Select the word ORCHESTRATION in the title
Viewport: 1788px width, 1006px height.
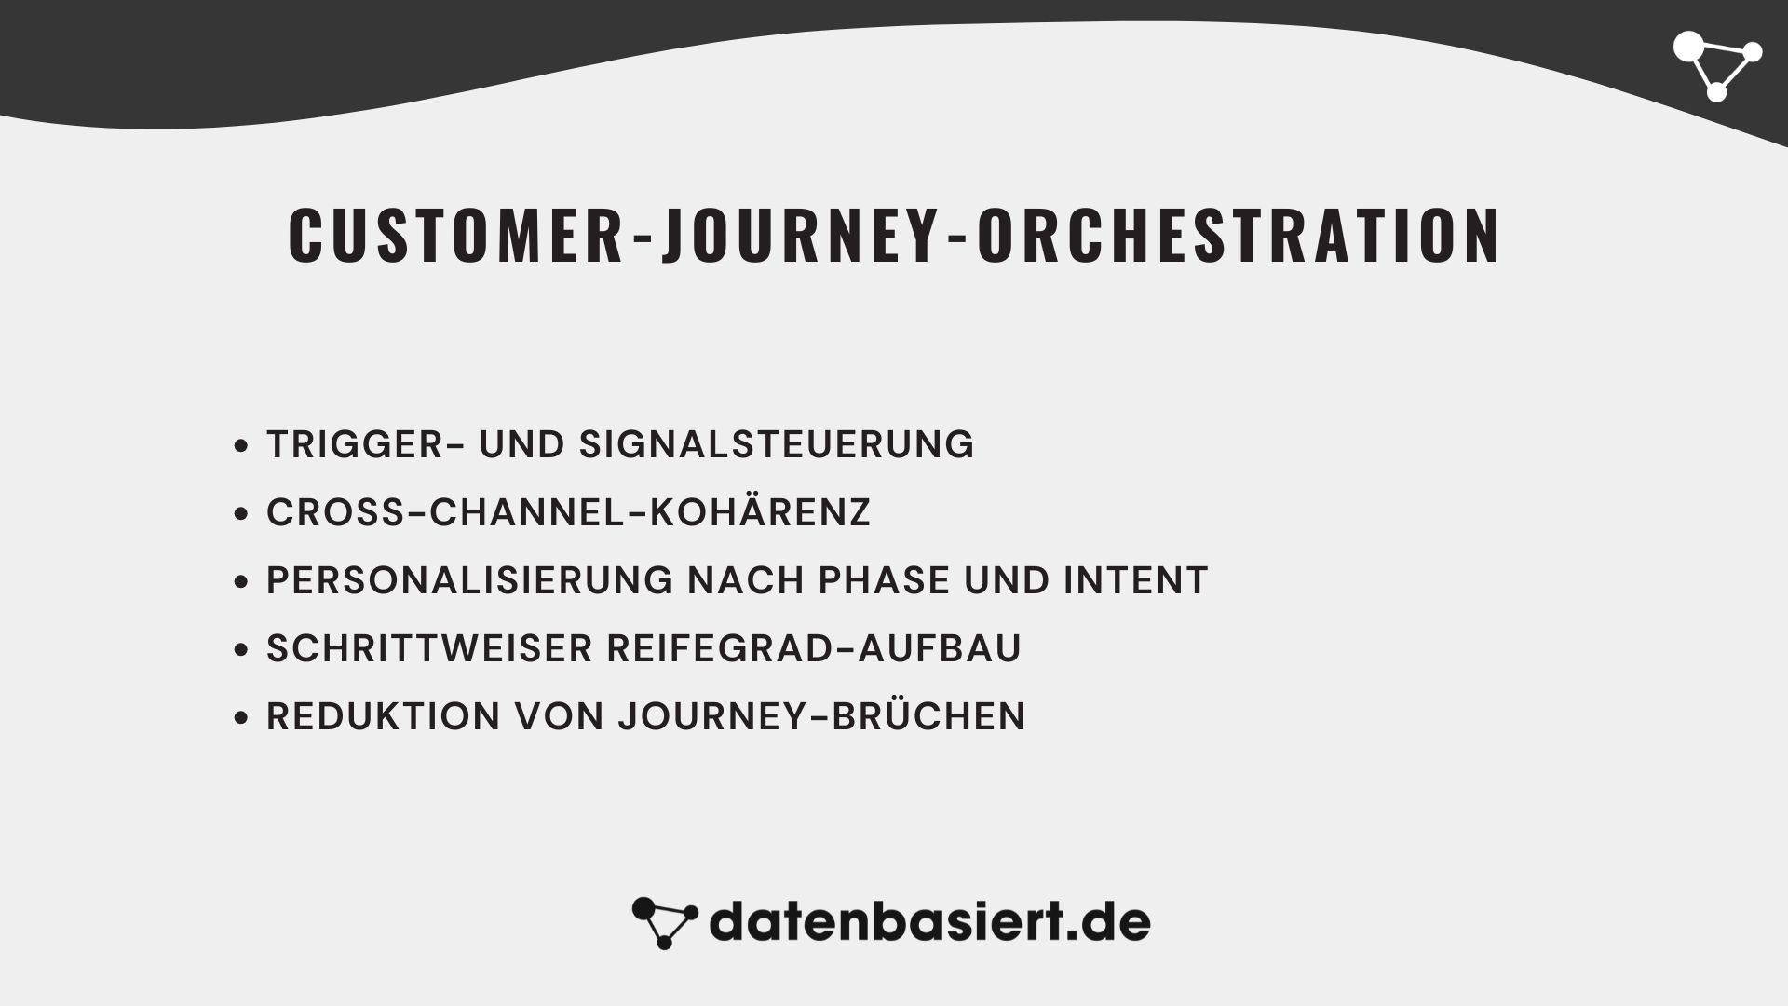[x=1239, y=236]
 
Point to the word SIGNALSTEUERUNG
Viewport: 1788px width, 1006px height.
[x=777, y=444]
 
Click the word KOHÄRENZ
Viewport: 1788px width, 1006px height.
[x=760, y=512]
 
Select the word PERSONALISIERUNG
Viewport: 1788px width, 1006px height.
[x=469, y=580]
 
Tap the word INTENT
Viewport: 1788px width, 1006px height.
[x=1135, y=580]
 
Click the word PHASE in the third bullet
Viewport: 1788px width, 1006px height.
[x=884, y=580]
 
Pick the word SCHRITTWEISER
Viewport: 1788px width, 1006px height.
[x=429, y=648]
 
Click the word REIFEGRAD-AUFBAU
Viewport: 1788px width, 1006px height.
[x=814, y=648]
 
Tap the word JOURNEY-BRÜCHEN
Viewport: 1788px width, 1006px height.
[x=821, y=716]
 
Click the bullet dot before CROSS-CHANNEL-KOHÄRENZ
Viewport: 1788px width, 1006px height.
[x=242, y=514]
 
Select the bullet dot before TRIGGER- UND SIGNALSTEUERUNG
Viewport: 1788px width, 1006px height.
[x=242, y=446]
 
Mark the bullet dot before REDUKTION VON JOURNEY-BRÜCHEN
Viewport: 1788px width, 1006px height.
[x=242, y=718]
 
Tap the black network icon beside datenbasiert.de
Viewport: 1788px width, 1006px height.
[x=664, y=922]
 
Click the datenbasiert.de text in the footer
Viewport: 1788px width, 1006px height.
[x=929, y=922]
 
